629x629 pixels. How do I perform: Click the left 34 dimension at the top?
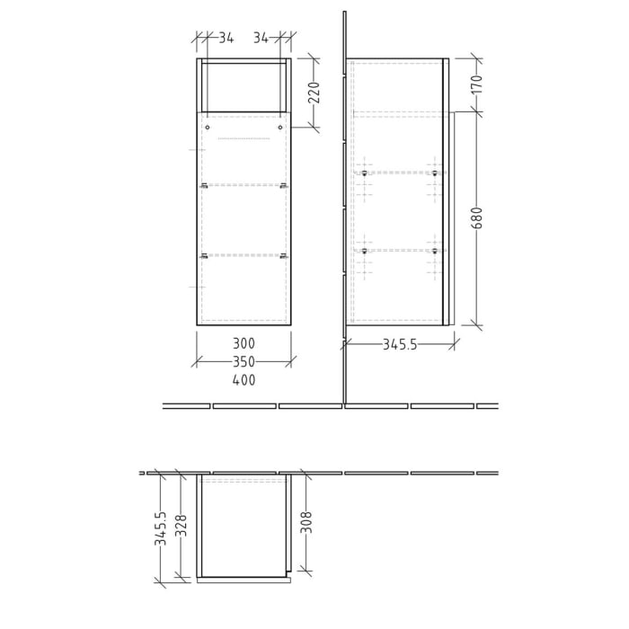pos(226,38)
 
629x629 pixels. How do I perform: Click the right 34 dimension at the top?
pos(261,38)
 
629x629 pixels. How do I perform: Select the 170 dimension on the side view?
pos(476,85)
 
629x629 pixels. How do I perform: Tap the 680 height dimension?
pos(476,218)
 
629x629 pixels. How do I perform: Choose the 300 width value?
pos(244,343)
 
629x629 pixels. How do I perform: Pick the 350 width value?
pos(244,362)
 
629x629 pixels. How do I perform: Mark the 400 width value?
pos(244,380)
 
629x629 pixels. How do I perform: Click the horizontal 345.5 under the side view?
pos(400,344)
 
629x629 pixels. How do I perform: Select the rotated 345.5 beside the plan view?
pos(160,529)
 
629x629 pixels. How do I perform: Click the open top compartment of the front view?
pos(244,87)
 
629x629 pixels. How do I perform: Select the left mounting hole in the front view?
pos(208,128)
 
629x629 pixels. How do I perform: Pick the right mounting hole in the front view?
pos(280,128)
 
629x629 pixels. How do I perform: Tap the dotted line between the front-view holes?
pos(244,139)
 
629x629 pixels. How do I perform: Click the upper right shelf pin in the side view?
pos(434,173)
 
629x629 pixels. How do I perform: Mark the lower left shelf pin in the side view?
pos(364,252)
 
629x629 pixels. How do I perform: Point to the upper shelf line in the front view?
pos(244,185)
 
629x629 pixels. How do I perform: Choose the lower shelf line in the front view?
pos(244,256)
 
